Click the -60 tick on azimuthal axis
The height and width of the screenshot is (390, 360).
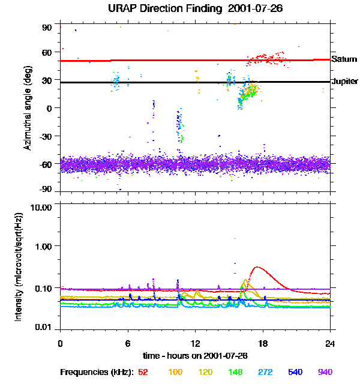(x=47, y=163)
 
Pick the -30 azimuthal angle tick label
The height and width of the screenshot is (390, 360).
(x=47, y=136)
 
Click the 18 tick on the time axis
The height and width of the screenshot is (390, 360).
(x=263, y=343)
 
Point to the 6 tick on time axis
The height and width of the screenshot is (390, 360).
(x=128, y=343)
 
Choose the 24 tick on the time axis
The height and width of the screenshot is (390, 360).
(x=330, y=343)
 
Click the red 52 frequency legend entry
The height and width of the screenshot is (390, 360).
(x=143, y=372)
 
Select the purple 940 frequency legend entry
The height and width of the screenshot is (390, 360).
(x=325, y=372)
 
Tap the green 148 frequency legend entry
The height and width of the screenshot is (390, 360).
(x=235, y=372)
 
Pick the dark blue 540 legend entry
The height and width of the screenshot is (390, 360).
(x=295, y=372)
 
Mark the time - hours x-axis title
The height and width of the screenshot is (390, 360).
(x=195, y=355)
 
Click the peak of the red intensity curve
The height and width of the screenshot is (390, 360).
(x=257, y=267)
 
